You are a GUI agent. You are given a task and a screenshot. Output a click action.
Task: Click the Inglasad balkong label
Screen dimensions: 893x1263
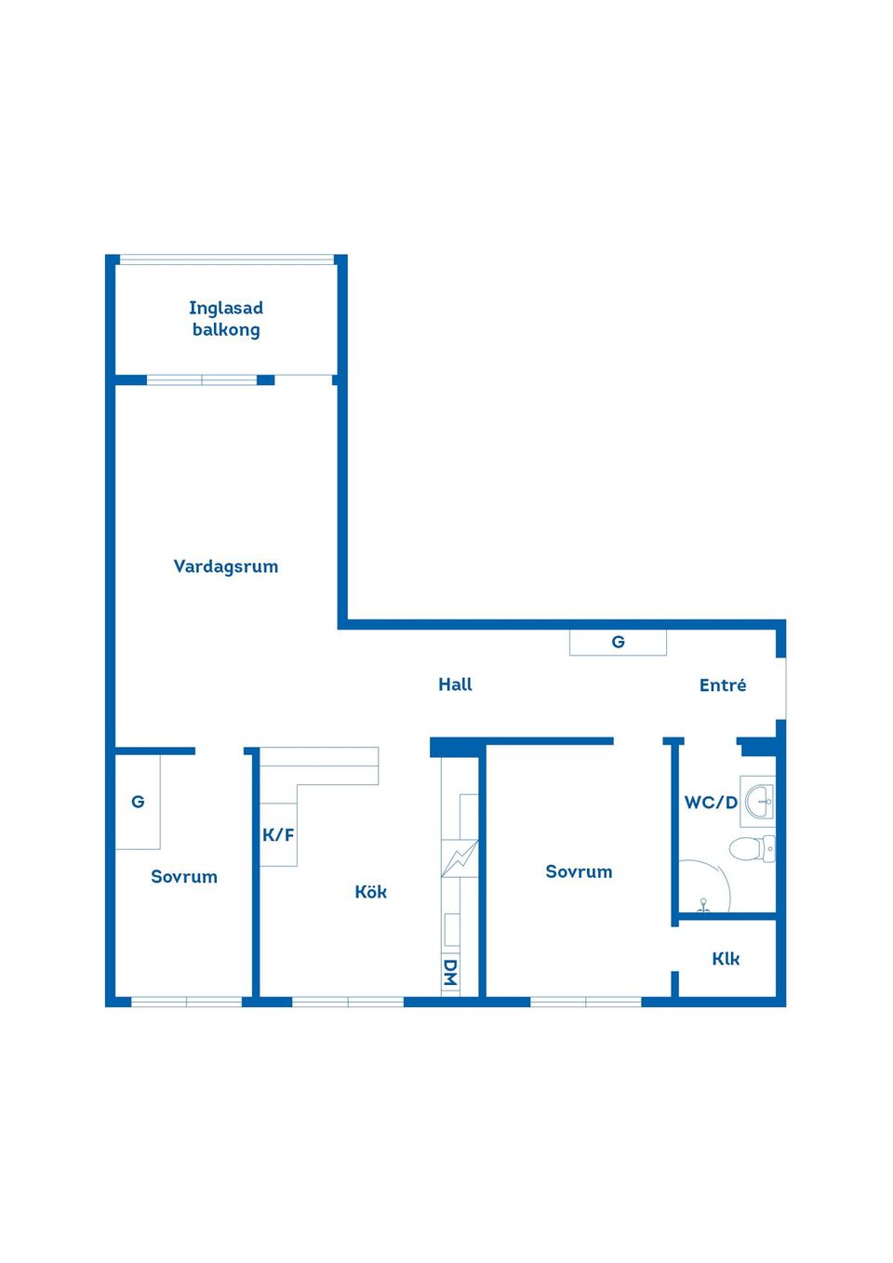click(x=226, y=319)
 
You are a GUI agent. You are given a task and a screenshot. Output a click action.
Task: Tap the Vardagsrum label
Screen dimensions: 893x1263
click(x=225, y=566)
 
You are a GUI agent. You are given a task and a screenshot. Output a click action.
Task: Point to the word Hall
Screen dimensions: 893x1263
click(x=455, y=685)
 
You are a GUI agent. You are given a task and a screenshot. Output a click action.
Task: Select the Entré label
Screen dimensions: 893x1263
click(x=722, y=685)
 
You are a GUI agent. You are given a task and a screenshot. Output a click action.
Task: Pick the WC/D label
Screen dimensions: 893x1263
click(x=711, y=803)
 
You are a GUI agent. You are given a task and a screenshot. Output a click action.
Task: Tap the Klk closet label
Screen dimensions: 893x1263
click(x=725, y=959)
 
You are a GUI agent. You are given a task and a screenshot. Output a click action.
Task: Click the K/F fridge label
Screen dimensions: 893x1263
click(x=278, y=834)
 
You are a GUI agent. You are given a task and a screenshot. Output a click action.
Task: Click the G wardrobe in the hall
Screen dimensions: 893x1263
click(x=618, y=643)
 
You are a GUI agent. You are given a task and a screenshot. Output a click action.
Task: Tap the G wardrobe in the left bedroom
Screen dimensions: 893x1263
click(x=138, y=802)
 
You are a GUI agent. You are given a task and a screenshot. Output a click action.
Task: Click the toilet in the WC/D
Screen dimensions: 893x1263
click(x=752, y=848)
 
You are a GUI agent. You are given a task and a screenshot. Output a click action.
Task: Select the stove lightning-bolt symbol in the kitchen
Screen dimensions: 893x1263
click(x=460, y=858)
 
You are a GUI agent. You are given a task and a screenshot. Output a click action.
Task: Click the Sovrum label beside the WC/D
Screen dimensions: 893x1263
click(x=579, y=871)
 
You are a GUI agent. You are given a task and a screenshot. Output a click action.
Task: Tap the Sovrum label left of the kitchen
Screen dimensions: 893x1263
click(x=184, y=877)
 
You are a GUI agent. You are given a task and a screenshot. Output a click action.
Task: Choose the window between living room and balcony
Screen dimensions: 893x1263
click(x=202, y=380)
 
